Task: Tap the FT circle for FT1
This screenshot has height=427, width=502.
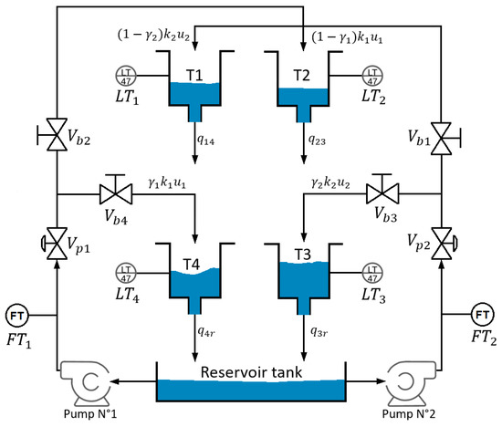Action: pos(17,317)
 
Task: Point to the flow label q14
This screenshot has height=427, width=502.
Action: pos(208,140)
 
